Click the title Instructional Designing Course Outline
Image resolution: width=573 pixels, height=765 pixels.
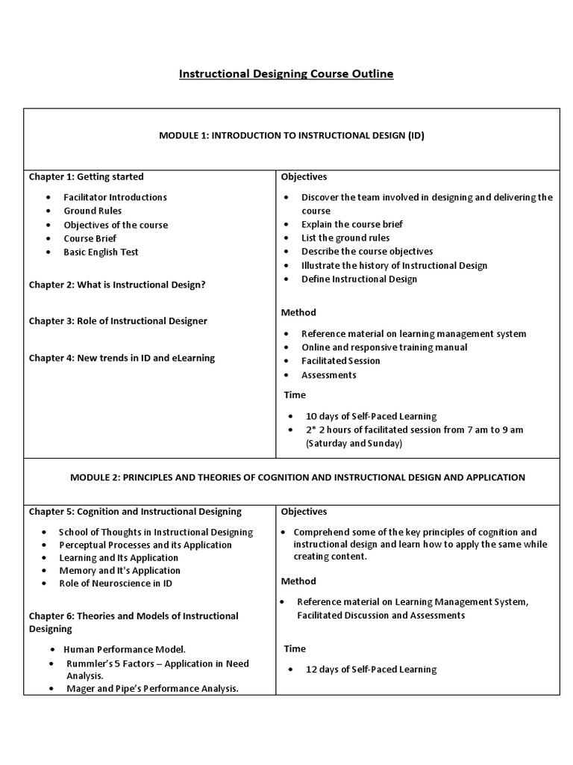tap(286, 74)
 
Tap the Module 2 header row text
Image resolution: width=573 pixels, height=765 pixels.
tap(298, 477)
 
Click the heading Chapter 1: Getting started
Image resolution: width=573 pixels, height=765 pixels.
tap(87, 177)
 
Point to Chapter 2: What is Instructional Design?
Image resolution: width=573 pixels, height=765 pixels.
tap(117, 285)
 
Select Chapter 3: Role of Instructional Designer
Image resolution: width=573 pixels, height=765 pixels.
tap(118, 320)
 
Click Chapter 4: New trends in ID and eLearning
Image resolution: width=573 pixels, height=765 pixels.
tap(122, 358)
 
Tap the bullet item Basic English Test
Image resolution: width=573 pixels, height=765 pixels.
tap(101, 252)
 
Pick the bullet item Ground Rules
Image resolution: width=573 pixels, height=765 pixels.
tap(93, 211)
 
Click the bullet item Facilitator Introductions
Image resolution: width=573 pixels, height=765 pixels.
tap(115, 197)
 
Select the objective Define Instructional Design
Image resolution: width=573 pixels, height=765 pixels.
tap(359, 279)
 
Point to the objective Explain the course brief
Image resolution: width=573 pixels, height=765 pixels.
tap(351, 224)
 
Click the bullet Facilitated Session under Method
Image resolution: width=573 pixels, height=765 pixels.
tap(340, 361)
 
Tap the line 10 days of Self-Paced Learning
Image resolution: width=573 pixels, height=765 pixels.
tap(371, 416)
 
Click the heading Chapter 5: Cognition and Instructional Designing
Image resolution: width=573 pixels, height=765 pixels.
tap(135, 512)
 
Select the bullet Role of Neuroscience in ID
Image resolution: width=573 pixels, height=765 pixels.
tap(116, 583)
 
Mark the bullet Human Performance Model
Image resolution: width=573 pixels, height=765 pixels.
tap(125, 650)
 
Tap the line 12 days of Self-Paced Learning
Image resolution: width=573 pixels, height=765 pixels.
tap(371, 669)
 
